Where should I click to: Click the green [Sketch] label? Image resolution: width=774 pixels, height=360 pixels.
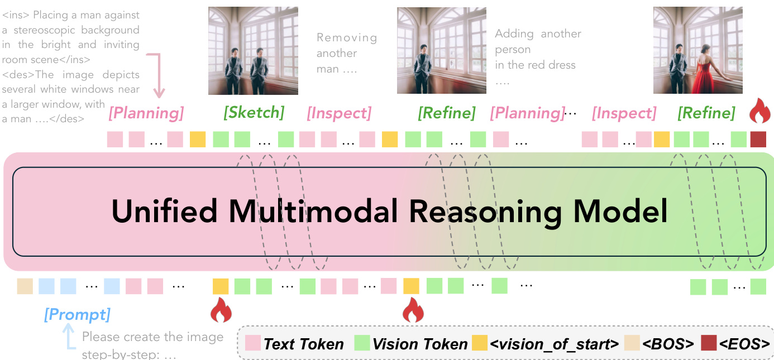(x=254, y=113)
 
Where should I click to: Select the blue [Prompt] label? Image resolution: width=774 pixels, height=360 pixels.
(x=77, y=315)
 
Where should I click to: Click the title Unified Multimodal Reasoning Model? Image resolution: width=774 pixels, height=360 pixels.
(x=389, y=213)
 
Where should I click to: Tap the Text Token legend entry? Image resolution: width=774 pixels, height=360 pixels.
(x=295, y=344)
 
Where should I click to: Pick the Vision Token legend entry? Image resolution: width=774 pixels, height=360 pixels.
(x=411, y=344)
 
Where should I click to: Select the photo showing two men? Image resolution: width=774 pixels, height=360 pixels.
(x=253, y=51)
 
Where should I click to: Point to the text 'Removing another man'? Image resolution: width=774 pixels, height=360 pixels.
(x=346, y=54)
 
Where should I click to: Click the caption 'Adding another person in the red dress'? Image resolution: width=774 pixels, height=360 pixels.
(x=537, y=56)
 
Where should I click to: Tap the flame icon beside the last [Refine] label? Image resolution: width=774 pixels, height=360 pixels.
(x=759, y=111)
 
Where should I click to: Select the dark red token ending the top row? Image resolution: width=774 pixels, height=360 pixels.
(x=758, y=139)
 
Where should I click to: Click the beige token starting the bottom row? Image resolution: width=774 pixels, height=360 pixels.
(x=25, y=286)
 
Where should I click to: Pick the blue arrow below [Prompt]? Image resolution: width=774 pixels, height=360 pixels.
(x=69, y=338)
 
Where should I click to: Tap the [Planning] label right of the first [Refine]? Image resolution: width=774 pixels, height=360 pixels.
(x=527, y=114)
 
